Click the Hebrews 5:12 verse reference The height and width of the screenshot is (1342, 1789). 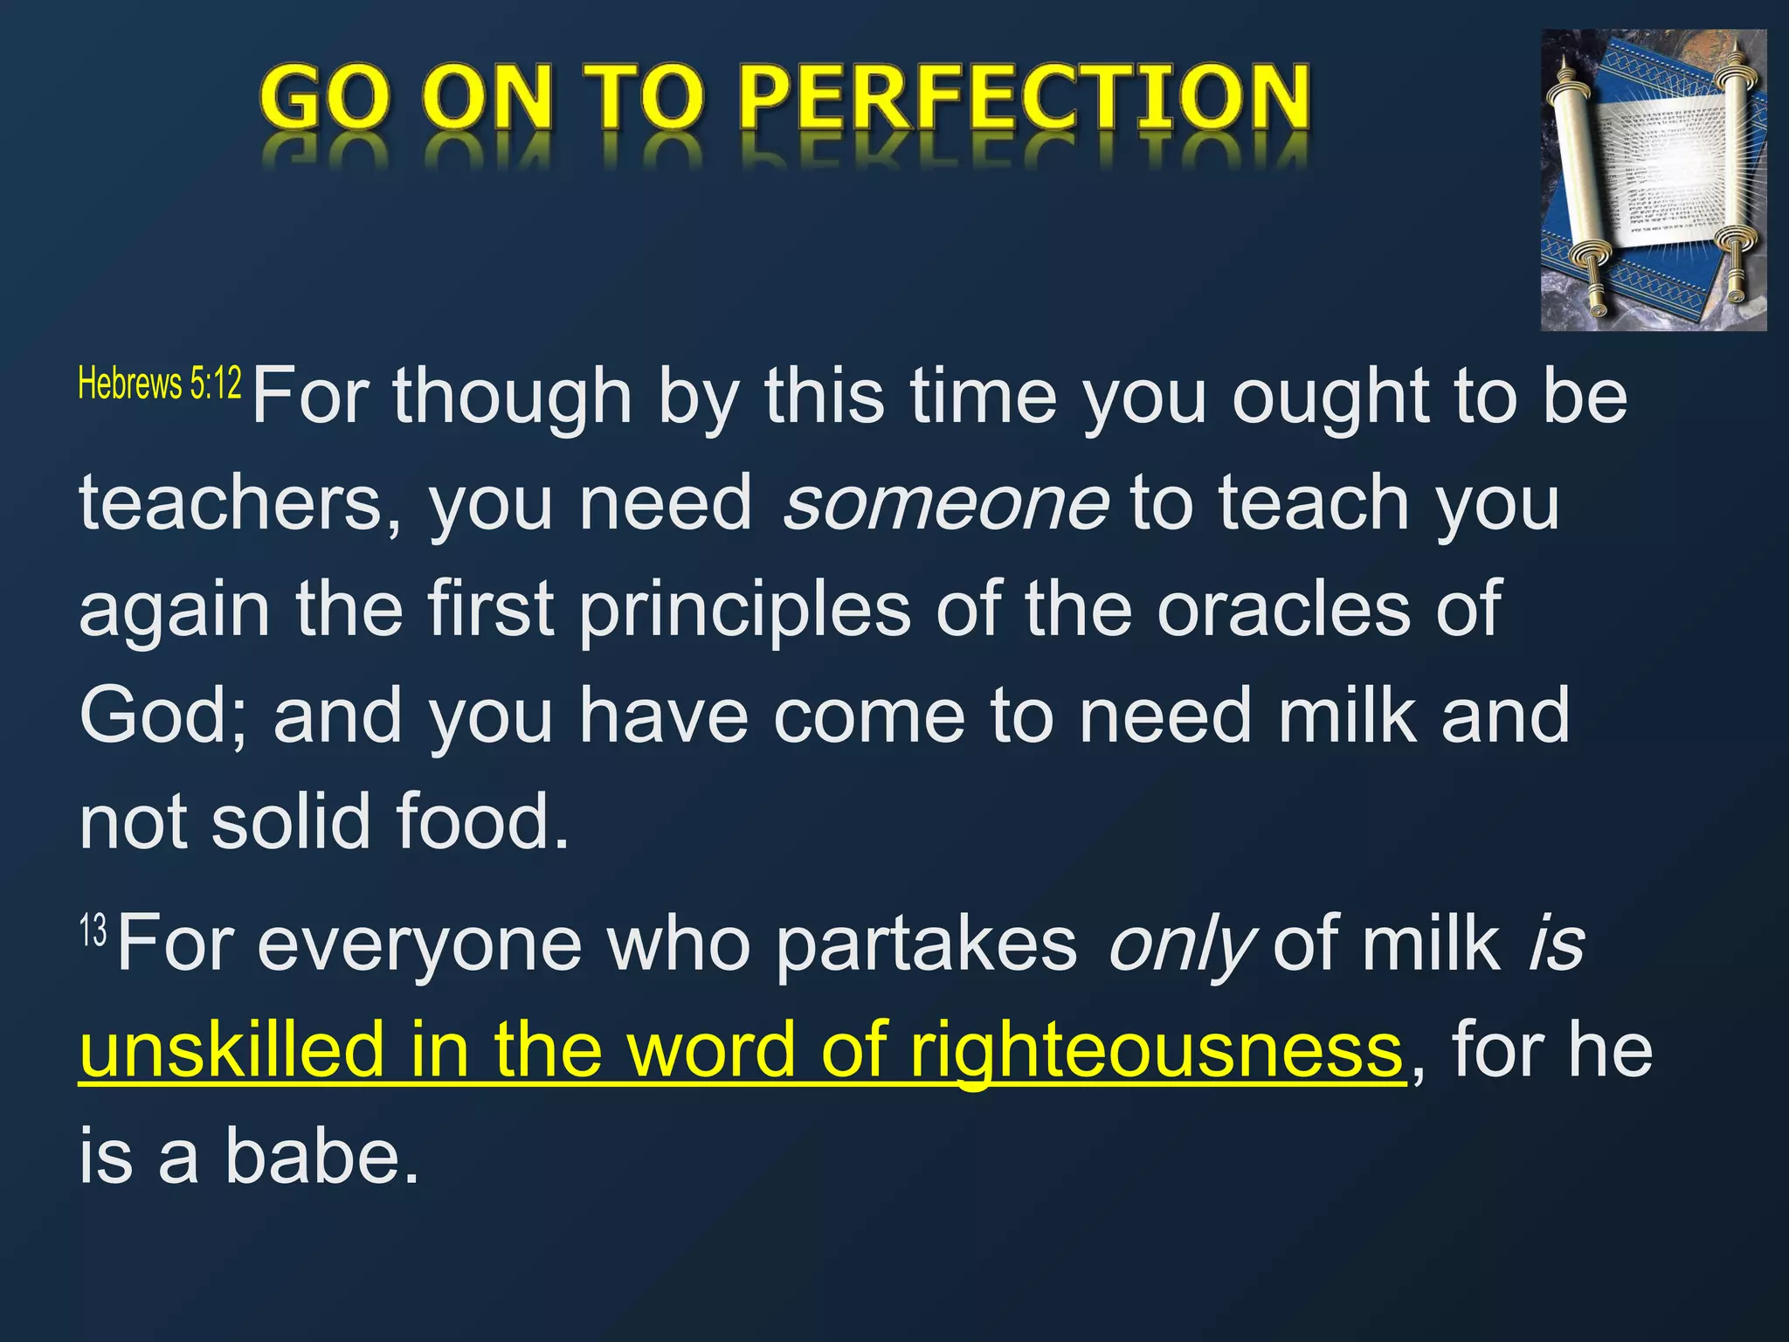(160, 384)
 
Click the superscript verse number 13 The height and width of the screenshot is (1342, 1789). (93, 931)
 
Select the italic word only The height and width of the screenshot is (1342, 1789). (1180, 945)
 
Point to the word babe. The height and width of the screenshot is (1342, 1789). (321, 1156)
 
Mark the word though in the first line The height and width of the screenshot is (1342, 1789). (512, 398)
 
